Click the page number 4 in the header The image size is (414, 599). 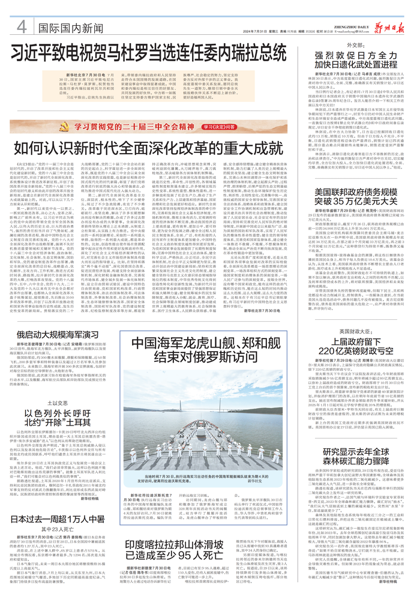coord(21,26)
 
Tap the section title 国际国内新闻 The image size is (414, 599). coord(68,27)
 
